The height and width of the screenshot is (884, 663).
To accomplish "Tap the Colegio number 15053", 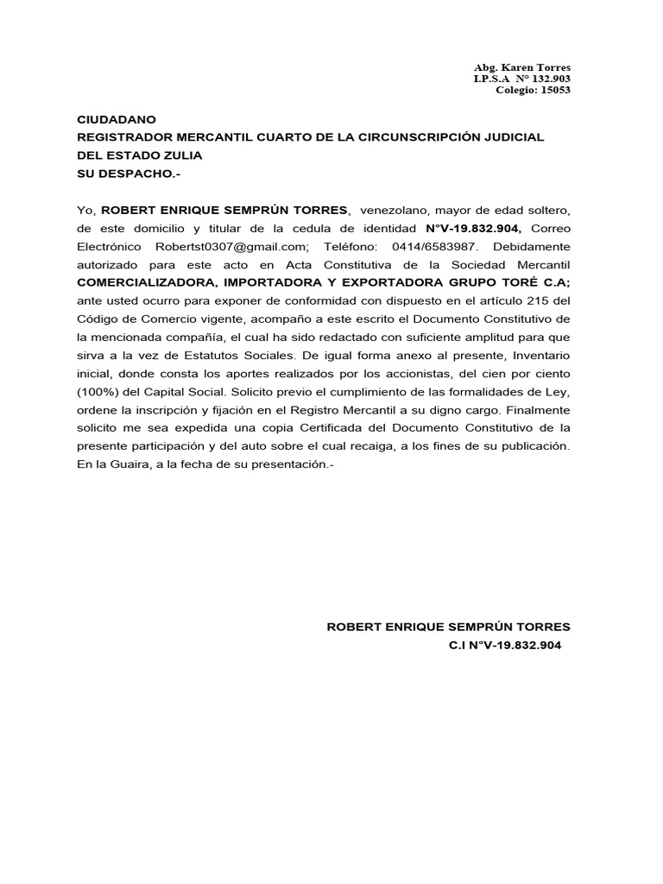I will coord(555,90).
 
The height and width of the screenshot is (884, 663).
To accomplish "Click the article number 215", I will coord(550,300).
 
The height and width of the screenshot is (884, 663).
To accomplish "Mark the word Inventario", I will coord(540,355).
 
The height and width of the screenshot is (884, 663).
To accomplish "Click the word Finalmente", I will coord(540,409).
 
